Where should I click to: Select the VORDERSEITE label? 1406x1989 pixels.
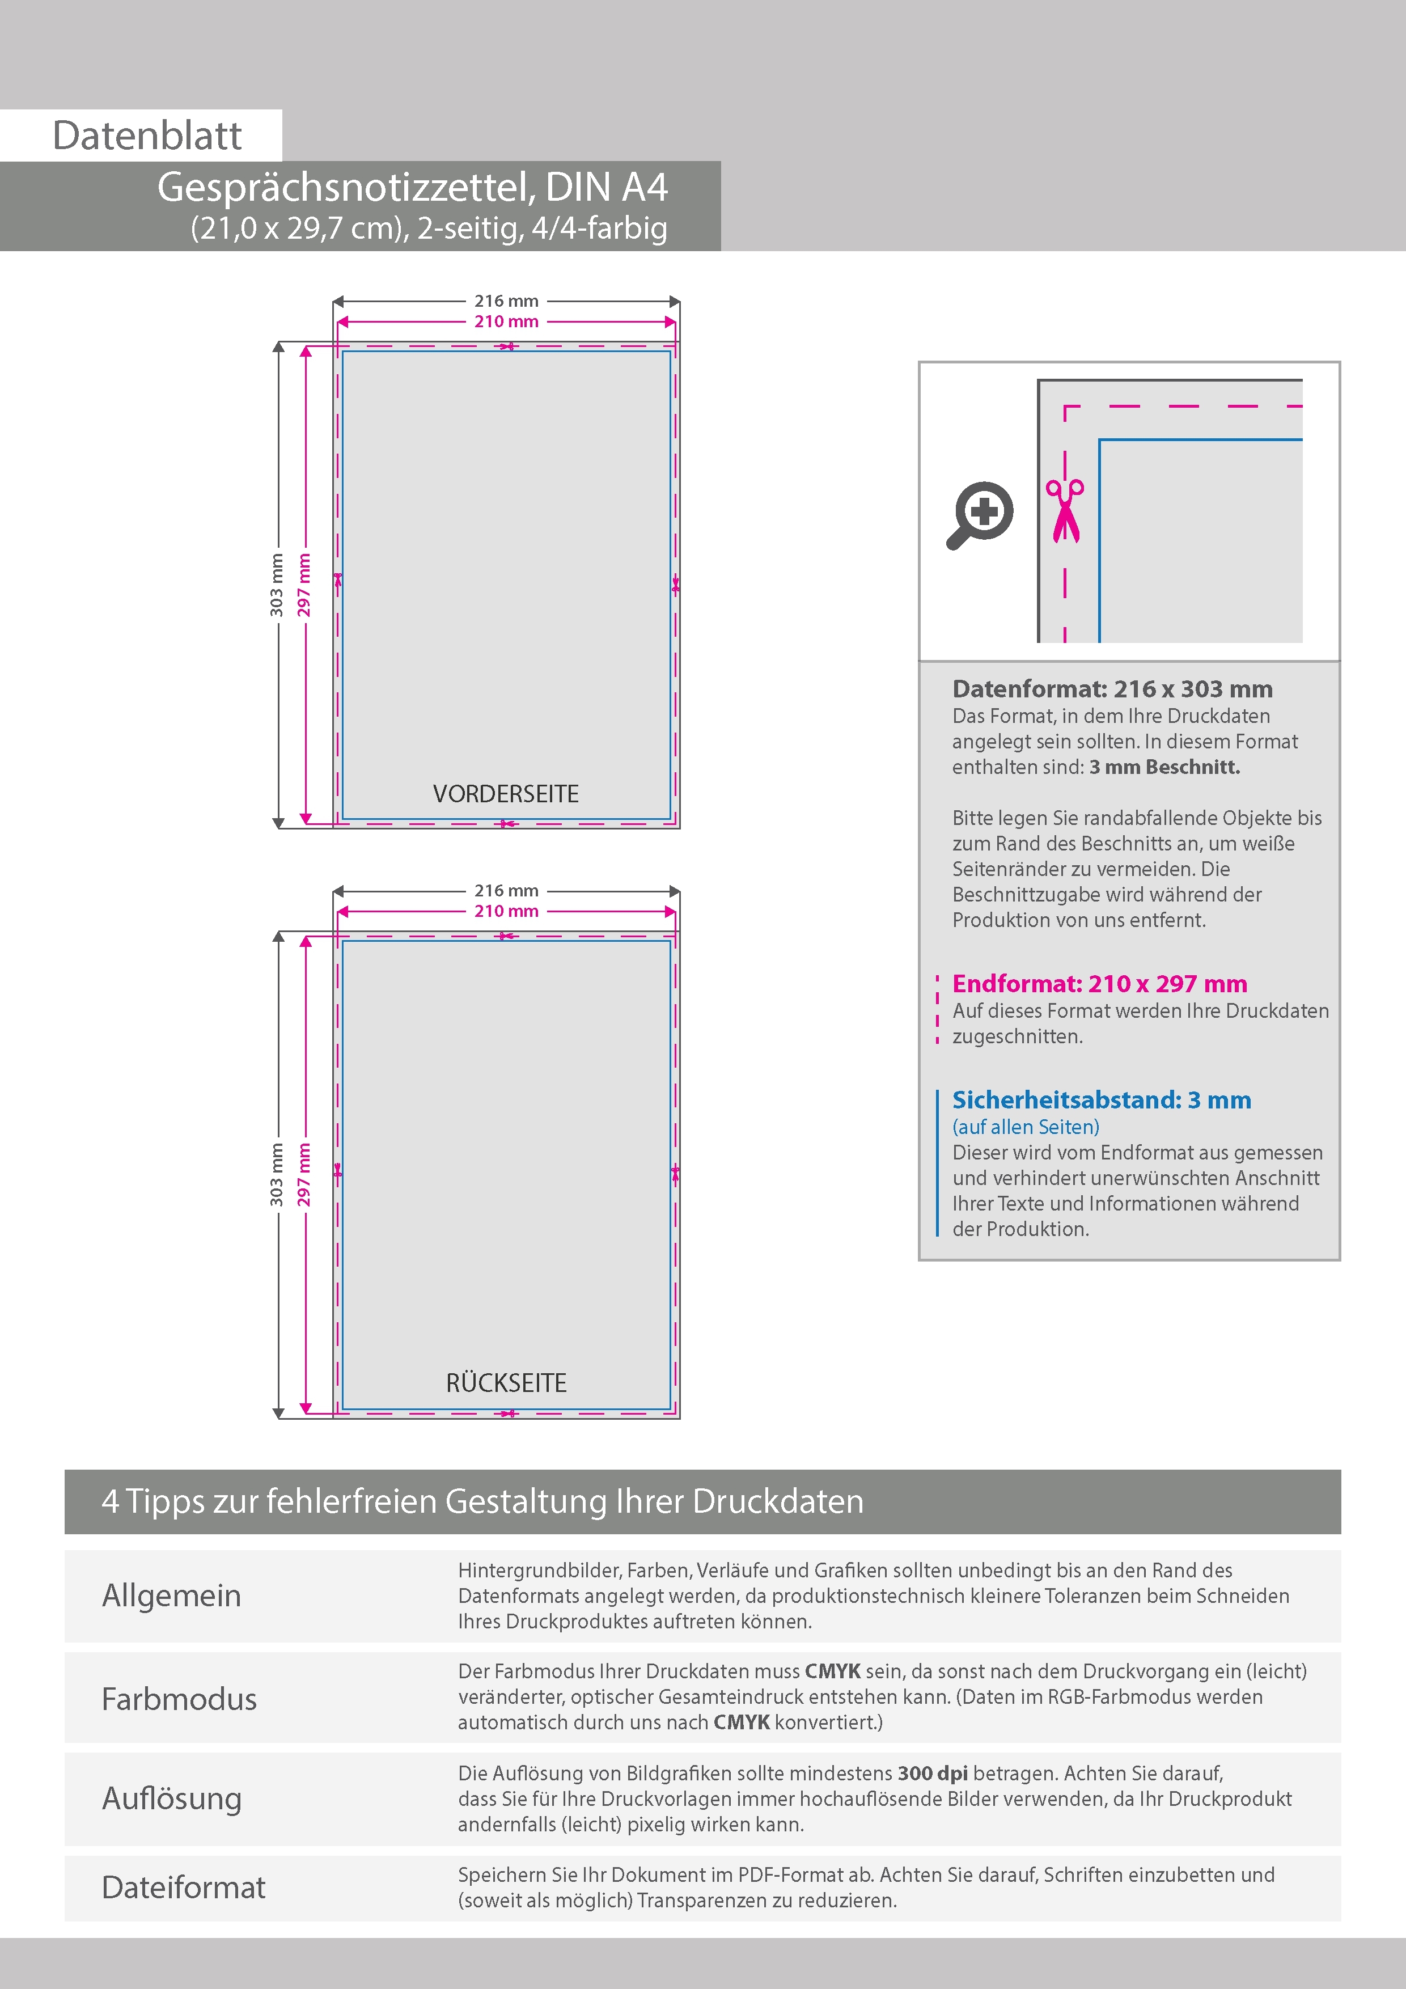pos(506,794)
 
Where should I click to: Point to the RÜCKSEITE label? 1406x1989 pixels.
pos(506,1382)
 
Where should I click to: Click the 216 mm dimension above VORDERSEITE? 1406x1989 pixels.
pos(506,301)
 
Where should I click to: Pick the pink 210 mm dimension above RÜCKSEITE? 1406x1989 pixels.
pos(506,911)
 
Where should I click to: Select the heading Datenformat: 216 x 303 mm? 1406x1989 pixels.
pos(1112,689)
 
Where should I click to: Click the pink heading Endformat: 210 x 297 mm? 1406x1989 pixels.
pos(1099,983)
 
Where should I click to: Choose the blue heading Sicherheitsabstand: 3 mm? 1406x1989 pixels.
pos(1101,1099)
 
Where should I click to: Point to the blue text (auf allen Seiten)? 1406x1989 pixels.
pos(1026,1126)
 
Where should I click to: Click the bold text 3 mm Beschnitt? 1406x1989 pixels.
pos(1164,767)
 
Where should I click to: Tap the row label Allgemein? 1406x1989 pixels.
pos(172,1595)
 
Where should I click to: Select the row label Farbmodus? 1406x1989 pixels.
pos(179,1699)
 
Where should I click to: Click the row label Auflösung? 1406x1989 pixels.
pos(172,1797)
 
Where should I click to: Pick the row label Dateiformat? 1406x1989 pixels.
pos(184,1888)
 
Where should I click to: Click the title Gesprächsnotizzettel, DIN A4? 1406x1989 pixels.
pos(412,187)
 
